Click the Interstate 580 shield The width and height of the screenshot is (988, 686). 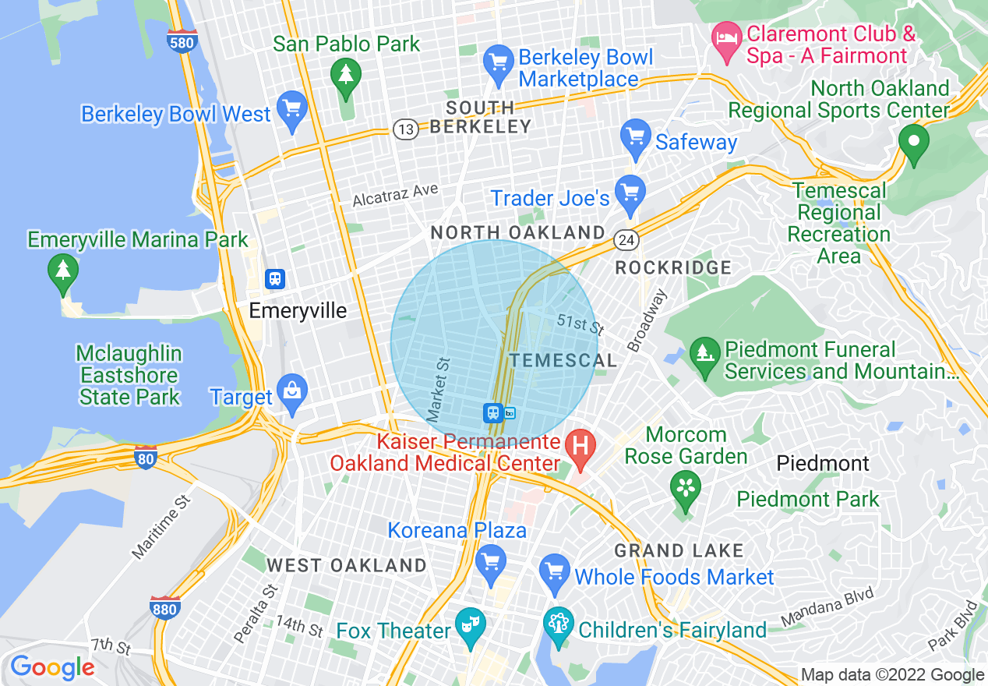(181, 42)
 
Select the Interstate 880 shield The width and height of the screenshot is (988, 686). (165, 606)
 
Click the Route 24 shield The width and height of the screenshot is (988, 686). (626, 240)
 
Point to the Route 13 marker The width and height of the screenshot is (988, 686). (405, 129)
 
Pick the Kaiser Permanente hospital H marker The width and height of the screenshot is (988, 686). (580, 447)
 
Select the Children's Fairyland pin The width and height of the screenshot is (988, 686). (559, 625)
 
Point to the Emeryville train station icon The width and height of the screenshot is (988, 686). (274, 278)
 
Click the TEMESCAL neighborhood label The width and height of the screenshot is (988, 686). (563, 360)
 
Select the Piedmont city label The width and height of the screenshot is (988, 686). (823, 464)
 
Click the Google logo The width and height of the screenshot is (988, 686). (52, 667)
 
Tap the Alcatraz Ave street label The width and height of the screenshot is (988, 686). (395, 195)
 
